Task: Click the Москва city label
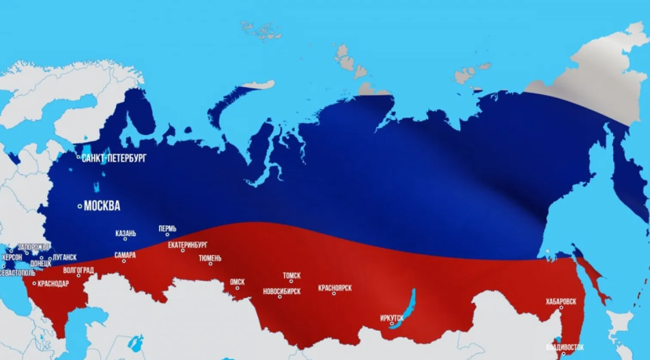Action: click(x=102, y=207)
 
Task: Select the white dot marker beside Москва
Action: click(x=79, y=206)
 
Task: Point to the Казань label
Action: click(x=125, y=233)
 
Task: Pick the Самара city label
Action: click(x=125, y=255)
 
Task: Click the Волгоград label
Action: click(x=78, y=271)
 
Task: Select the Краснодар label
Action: click(x=54, y=283)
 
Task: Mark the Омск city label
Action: click(x=238, y=281)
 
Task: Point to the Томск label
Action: click(x=292, y=275)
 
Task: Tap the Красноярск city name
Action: click(x=335, y=288)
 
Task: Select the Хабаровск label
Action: click(x=561, y=301)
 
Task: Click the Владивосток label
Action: click(x=565, y=347)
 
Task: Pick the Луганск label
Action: click(x=65, y=257)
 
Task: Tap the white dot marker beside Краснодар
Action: click(x=34, y=283)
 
